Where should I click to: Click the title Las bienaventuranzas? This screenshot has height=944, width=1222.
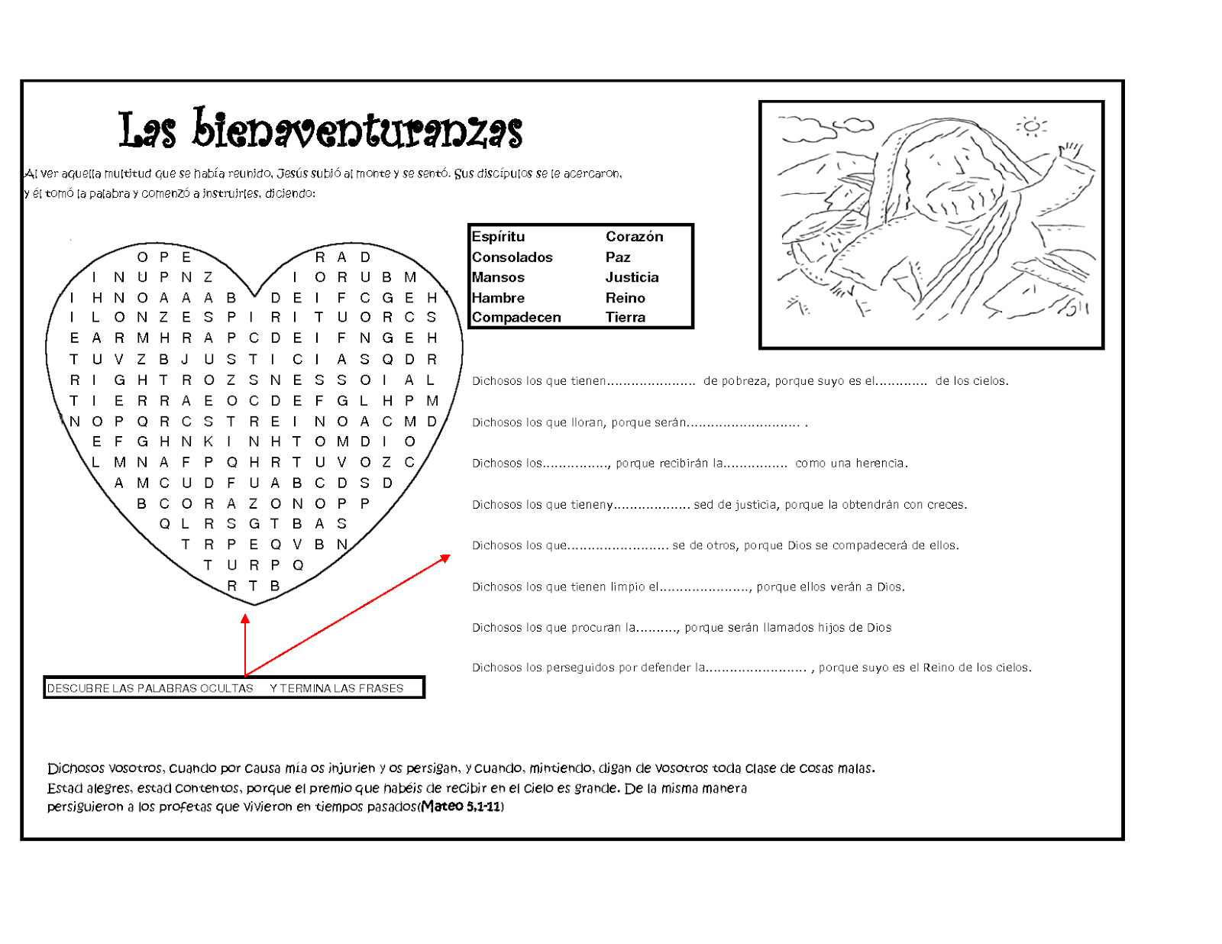point(320,129)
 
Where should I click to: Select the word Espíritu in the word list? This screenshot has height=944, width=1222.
point(498,237)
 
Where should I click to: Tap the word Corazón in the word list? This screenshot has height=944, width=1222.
point(634,237)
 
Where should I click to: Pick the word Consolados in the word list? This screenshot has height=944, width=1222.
point(512,257)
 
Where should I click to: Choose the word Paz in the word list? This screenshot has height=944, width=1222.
point(617,257)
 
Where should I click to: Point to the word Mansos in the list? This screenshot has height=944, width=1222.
point(498,277)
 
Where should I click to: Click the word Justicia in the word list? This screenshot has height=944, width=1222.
point(632,277)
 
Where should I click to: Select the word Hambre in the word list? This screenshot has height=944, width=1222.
point(498,298)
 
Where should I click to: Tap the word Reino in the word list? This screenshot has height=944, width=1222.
point(625,298)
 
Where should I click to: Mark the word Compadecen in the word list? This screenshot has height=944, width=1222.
point(516,318)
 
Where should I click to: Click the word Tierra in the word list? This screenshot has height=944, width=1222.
point(625,318)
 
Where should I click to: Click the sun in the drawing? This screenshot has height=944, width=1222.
point(1031,126)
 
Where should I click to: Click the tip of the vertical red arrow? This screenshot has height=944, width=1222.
point(245,616)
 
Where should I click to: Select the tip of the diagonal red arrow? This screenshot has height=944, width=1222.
point(448,557)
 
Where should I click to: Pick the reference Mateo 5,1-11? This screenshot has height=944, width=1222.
point(461,807)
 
